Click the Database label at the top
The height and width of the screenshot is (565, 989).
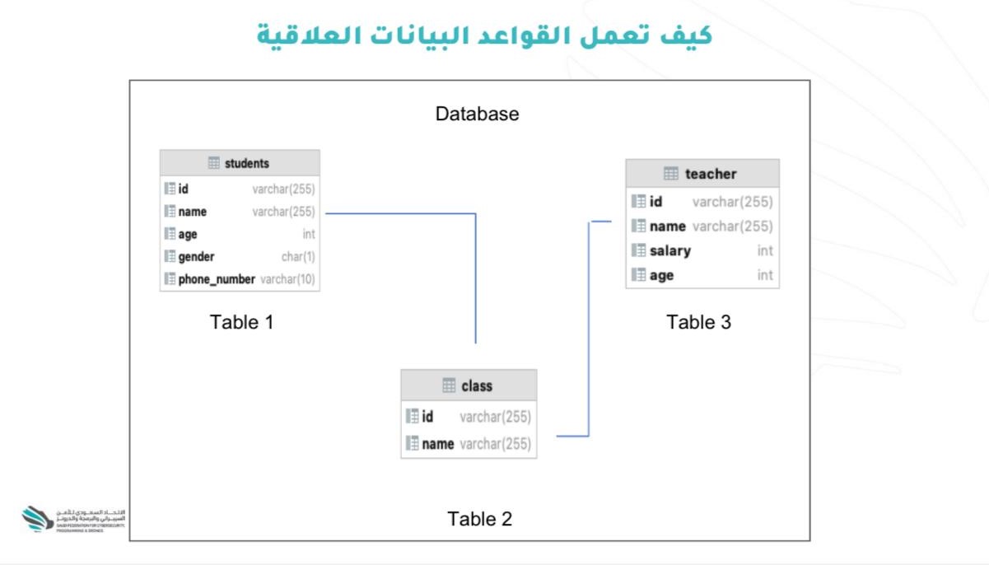tap(477, 114)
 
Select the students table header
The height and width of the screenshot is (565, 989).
tap(240, 163)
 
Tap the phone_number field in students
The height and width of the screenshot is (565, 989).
tap(217, 279)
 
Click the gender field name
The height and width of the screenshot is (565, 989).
tap(196, 256)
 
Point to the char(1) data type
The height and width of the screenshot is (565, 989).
tap(298, 256)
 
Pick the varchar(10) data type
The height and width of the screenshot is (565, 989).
tap(287, 279)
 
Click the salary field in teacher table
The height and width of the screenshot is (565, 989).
tap(669, 250)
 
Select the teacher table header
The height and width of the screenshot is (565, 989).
tap(702, 174)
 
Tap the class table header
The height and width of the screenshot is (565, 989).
tap(469, 385)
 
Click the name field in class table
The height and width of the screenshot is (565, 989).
tap(437, 444)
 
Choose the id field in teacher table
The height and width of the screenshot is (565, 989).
tap(655, 202)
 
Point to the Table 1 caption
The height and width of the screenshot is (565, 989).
tap(241, 321)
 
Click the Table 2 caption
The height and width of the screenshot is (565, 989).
tap(479, 519)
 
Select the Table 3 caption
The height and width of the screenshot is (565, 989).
tap(698, 322)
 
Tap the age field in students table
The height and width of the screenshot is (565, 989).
tap(188, 234)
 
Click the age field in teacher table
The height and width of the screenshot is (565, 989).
tap(661, 275)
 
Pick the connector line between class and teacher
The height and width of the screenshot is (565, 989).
tap(589, 329)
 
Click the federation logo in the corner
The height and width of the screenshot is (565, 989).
tap(38, 519)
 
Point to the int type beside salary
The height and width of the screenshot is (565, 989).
tap(765, 250)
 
